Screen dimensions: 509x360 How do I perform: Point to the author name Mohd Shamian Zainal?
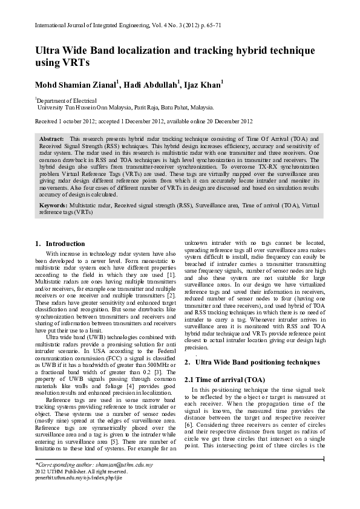(x=77, y=83)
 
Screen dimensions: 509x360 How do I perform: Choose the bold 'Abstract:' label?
(x=52, y=138)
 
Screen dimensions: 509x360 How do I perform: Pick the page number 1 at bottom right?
(x=324, y=459)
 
